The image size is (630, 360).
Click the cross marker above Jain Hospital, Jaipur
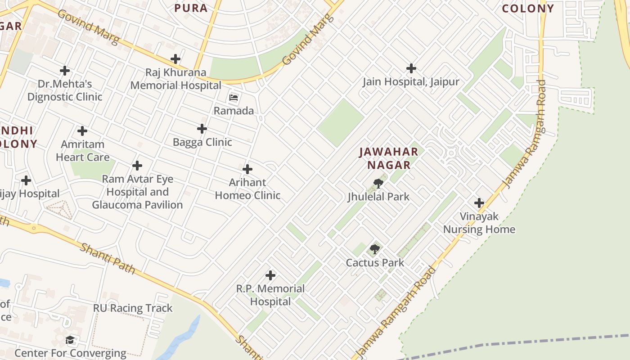(x=411, y=68)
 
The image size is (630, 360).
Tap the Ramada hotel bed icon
(x=234, y=98)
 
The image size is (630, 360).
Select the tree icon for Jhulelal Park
(x=378, y=183)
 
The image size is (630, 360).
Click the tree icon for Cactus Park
(x=374, y=249)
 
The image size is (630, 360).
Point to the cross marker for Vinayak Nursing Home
(x=479, y=203)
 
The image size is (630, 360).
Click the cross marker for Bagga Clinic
(x=202, y=129)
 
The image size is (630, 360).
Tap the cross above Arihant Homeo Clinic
(x=247, y=169)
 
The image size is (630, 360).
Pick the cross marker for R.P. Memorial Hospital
(x=270, y=275)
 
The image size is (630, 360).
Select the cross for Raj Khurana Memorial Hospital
(x=175, y=59)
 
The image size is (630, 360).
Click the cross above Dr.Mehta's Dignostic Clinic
(x=65, y=71)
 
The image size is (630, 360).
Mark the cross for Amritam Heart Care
(x=82, y=131)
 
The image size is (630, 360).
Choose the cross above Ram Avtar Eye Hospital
(x=137, y=166)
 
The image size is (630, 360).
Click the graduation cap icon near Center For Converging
(x=70, y=340)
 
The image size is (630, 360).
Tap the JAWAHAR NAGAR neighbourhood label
(x=389, y=158)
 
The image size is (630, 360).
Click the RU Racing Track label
(x=133, y=308)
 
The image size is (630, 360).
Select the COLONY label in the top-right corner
(x=528, y=9)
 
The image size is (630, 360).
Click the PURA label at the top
(x=191, y=8)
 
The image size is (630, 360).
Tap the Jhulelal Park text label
(x=378, y=197)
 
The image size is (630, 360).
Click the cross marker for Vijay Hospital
(x=26, y=180)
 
